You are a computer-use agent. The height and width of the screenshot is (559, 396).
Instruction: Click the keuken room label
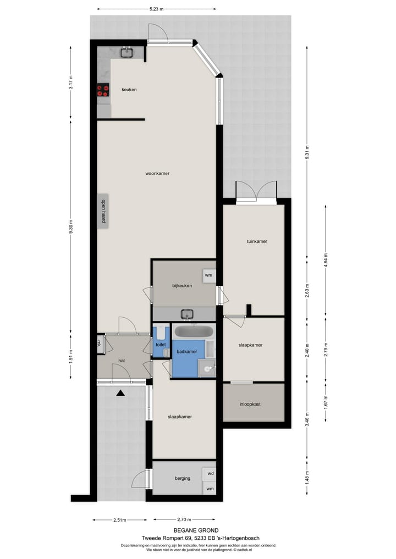[129, 90]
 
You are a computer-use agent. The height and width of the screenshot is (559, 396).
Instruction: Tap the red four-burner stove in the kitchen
[103, 90]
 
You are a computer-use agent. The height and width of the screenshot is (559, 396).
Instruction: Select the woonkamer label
[157, 173]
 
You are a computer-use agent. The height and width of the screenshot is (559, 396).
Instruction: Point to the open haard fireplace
[102, 211]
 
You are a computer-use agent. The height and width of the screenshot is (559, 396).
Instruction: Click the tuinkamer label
[253, 241]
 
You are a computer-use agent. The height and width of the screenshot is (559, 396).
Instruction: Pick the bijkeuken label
[182, 285]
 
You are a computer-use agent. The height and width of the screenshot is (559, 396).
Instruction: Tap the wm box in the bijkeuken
[208, 275]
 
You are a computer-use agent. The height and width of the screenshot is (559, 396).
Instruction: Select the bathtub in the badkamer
[193, 331]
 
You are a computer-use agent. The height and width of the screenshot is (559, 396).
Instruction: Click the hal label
[122, 361]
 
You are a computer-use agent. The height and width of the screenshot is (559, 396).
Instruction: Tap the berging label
[182, 478]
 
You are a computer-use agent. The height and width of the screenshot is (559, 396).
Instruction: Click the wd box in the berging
[210, 473]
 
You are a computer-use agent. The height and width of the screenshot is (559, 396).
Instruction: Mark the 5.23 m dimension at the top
[157, 9]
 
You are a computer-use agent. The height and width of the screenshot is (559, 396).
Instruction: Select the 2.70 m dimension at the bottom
[184, 519]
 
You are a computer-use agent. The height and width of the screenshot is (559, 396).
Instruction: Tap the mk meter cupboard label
[100, 344]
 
